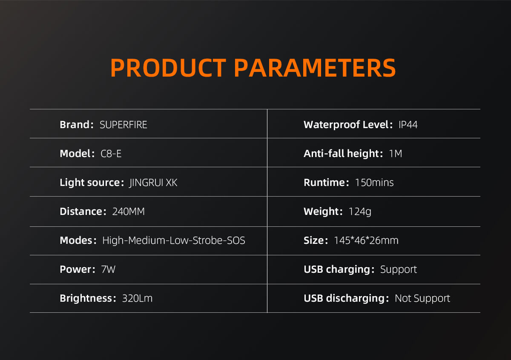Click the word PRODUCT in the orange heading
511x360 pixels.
pos(168,68)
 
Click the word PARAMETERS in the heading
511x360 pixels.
pos(315,68)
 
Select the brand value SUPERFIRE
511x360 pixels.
pos(123,125)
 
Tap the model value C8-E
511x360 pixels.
pos(111,154)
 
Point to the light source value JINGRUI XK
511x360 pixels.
pos(153,183)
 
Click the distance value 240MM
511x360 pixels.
pos(129,211)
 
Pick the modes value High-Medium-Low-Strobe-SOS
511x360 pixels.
pos(174,240)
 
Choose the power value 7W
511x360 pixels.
pos(108,269)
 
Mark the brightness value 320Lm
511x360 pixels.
pos(137,298)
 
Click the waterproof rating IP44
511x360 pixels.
pos(408,125)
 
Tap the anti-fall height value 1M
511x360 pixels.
pos(395,154)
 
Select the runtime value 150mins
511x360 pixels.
pos(374,183)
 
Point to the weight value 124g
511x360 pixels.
pos(360,212)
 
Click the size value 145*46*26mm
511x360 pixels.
pos(366,240)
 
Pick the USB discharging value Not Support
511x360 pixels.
pos(422,299)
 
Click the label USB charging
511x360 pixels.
pos(337,270)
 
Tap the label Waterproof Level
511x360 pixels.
pos(346,125)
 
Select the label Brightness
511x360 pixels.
pos(86,299)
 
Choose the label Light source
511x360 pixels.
pos(90,183)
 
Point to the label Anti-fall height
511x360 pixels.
pos(341,154)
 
